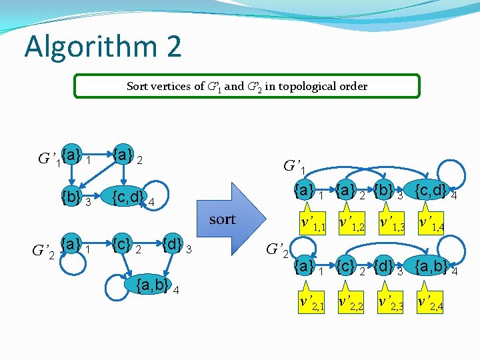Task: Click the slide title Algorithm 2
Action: point(102,47)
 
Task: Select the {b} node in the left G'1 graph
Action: point(71,197)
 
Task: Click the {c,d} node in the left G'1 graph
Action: point(127,197)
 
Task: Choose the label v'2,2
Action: point(351,303)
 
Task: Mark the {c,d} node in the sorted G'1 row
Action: point(430,191)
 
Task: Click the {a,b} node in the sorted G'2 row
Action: point(431,267)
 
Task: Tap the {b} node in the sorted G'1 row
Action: point(385,191)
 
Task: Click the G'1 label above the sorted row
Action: point(296,165)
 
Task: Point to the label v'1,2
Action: point(351,224)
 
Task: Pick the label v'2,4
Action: point(431,303)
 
